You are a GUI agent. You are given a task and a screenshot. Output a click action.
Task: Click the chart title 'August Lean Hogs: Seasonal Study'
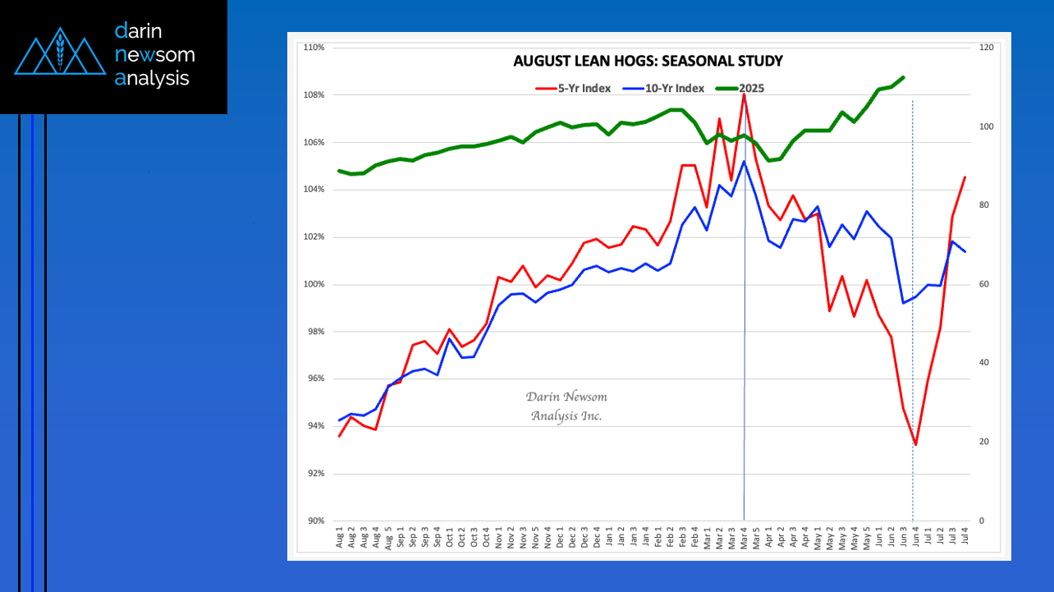pyautogui.click(x=648, y=61)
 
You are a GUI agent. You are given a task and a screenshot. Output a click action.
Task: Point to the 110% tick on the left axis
pyautogui.click(x=314, y=48)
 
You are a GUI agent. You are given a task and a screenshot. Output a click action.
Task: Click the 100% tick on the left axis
pyautogui.click(x=314, y=284)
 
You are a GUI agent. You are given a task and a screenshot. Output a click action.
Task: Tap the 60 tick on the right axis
pyautogui.click(x=984, y=284)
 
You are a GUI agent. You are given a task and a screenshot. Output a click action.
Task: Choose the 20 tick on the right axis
pyautogui.click(x=984, y=442)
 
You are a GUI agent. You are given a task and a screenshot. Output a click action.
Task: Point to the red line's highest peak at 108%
pyautogui.click(x=744, y=94)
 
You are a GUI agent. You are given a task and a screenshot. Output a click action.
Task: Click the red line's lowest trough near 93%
pyautogui.click(x=915, y=444)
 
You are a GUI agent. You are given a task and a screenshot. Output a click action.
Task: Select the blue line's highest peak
pyautogui.click(x=744, y=162)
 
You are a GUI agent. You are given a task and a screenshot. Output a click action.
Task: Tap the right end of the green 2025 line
pyautogui.click(x=903, y=77)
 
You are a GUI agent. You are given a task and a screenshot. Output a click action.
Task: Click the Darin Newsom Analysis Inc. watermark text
pyautogui.click(x=566, y=406)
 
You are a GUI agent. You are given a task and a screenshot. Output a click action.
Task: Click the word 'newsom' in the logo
pyautogui.click(x=155, y=55)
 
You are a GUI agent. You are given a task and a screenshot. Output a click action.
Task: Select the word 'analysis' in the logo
pyautogui.click(x=153, y=78)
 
